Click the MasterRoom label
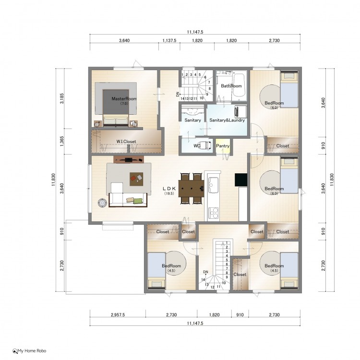[124, 99]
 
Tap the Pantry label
[223, 146]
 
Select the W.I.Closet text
[126, 142]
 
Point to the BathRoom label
[231, 86]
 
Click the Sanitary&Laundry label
[227, 120]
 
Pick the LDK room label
[169, 189]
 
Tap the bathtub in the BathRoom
[239, 85]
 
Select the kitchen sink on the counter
[213, 185]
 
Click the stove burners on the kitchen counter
[214, 213]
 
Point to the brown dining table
[191, 189]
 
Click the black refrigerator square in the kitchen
[241, 180]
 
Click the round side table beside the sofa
[102, 203]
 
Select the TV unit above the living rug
[129, 159]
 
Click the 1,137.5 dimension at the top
[169, 41]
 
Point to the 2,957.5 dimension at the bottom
[118, 315]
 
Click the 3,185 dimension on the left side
[62, 98]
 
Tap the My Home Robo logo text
[32, 351]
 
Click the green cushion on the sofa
[138, 201]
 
